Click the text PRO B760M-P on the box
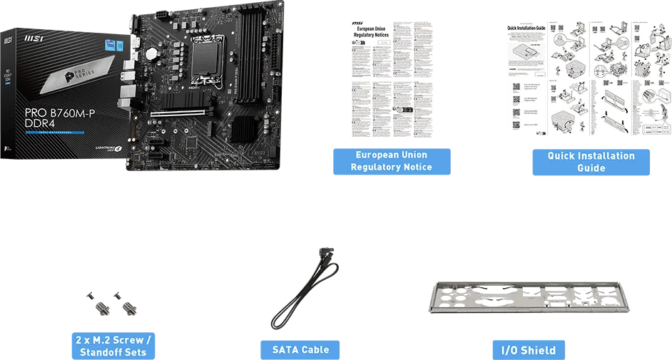61,112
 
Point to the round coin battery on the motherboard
151,53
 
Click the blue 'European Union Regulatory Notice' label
391,161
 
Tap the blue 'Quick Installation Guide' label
591,162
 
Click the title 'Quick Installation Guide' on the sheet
526,27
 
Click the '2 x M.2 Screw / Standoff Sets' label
113,346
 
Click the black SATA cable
300,292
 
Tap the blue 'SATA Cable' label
300,349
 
